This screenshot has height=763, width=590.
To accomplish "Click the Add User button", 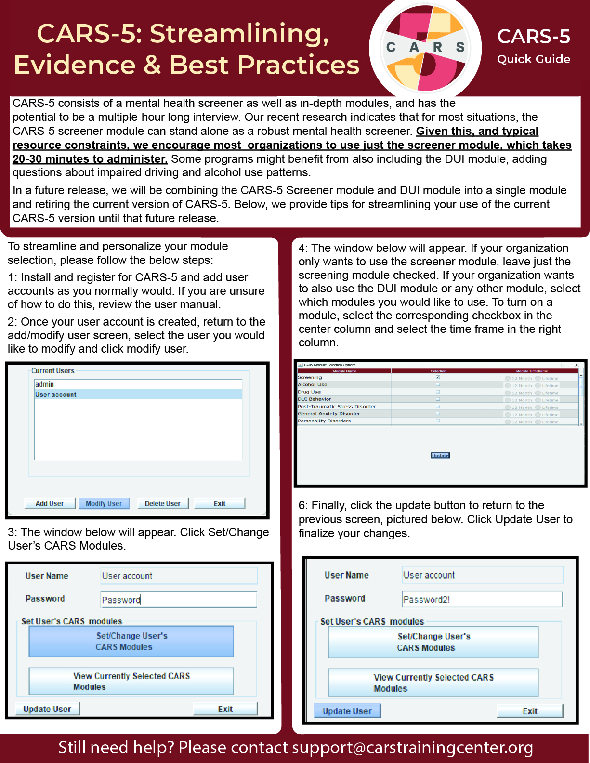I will tap(50, 503).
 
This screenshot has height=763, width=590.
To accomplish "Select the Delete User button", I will tap(163, 503).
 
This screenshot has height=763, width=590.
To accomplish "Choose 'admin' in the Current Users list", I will tap(45, 384).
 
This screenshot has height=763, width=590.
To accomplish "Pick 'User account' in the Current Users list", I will tap(56, 395).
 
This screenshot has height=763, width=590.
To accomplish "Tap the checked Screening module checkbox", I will tap(438, 377).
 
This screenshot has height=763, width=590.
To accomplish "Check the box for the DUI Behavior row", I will tap(438, 399).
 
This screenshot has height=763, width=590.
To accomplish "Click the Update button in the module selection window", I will tap(440, 455).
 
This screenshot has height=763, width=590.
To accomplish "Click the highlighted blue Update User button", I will tap(347, 711).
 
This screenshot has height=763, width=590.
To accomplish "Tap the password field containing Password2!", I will tap(482, 599).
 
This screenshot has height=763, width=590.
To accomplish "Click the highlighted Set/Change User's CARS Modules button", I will tap(131, 641).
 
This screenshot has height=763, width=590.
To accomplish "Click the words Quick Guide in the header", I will tap(534, 59).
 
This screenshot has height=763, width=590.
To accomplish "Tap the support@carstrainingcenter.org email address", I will tap(412, 748).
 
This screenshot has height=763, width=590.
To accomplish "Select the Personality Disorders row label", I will tap(324, 421).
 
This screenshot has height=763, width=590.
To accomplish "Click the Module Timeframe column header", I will tap(532, 371).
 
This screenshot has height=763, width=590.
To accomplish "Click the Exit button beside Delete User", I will tap(220, 503).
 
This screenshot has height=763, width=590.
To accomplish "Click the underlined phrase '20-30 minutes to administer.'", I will tap(90, 159).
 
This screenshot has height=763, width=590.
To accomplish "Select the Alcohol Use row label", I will tap(313, 384).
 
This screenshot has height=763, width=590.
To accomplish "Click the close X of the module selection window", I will tap(577, 365).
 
